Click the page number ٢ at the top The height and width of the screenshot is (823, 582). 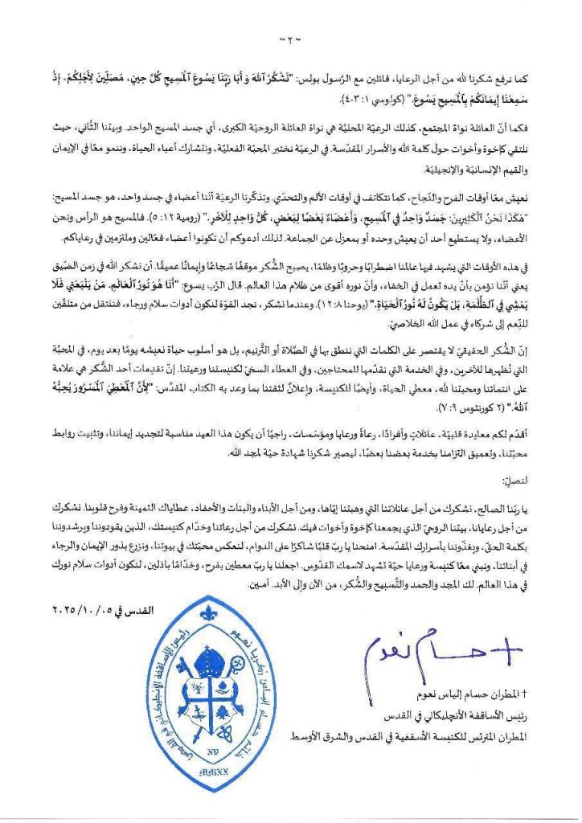[290, 38]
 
